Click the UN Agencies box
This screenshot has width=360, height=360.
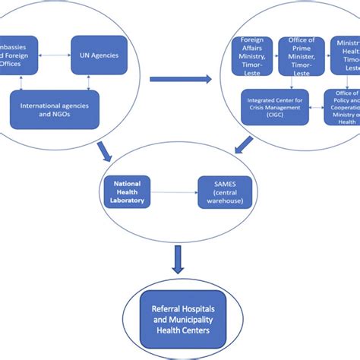(x=99, y=55)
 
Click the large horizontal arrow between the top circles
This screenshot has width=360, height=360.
(x=180, y=77)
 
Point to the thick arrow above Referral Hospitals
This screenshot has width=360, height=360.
(x=178, y=260)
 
